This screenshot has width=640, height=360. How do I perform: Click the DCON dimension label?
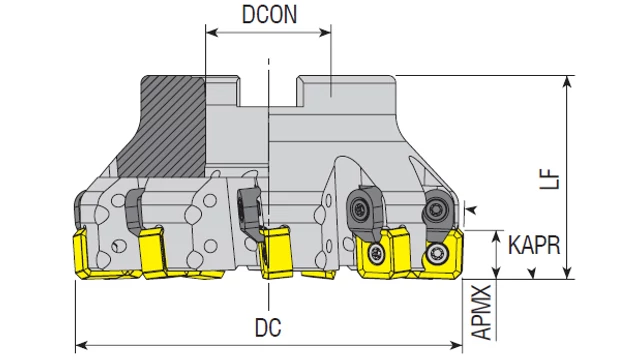click(269, 14)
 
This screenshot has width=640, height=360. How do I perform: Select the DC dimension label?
click(268, 327)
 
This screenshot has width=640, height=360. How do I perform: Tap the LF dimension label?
click(549, 178)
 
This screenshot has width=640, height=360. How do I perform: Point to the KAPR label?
click(534, 245)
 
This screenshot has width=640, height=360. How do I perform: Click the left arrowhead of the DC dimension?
click(82, 346)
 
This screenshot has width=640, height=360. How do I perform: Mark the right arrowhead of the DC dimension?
click(456, 346)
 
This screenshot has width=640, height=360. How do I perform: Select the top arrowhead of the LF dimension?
click(567, 82)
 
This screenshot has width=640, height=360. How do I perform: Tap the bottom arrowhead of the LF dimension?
click(567, 273)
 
